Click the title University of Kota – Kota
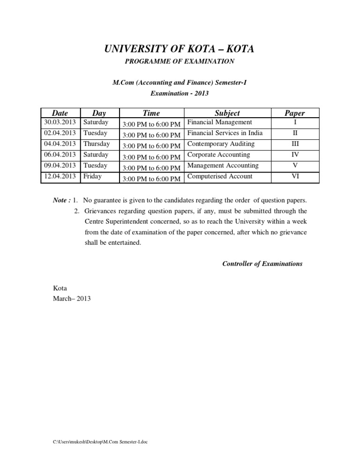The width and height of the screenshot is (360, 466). (x=180, y=48)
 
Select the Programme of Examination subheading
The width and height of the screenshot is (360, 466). (x=180, y=61)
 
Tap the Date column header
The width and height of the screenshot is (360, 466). (x=60, y=113)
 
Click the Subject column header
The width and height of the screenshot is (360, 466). (x=227, y=113)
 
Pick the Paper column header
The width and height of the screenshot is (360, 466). (x=295, y=113)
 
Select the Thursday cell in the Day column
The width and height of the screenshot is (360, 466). (x=97, y=144)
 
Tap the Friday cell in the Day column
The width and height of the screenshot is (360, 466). (x=93, y=176)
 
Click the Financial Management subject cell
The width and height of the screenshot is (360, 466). (x=219, y=122)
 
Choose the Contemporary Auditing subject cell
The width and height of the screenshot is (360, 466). (x=221, y=144)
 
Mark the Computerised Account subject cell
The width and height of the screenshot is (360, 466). (x=219, y=176)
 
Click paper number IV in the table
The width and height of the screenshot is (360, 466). (x=295, y=155)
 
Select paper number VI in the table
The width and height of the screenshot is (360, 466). (x=295, y=177)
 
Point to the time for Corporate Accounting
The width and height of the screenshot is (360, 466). (x=151, y=157)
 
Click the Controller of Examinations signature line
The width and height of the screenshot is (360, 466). (x=262, y=263)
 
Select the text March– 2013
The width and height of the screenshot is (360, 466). (x=72, y=298)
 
